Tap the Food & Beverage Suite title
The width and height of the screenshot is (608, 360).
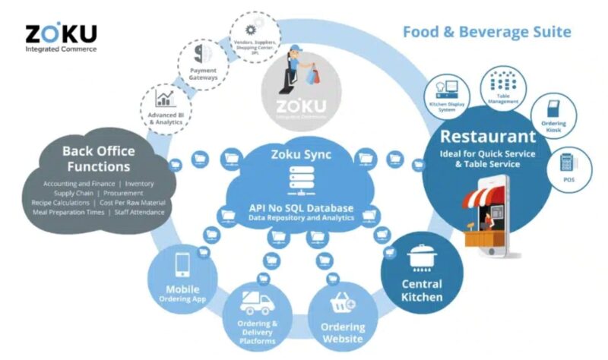point(486,32)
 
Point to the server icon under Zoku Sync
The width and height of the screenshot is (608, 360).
point(293,181)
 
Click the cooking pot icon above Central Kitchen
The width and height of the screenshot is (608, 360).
point(420,257)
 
